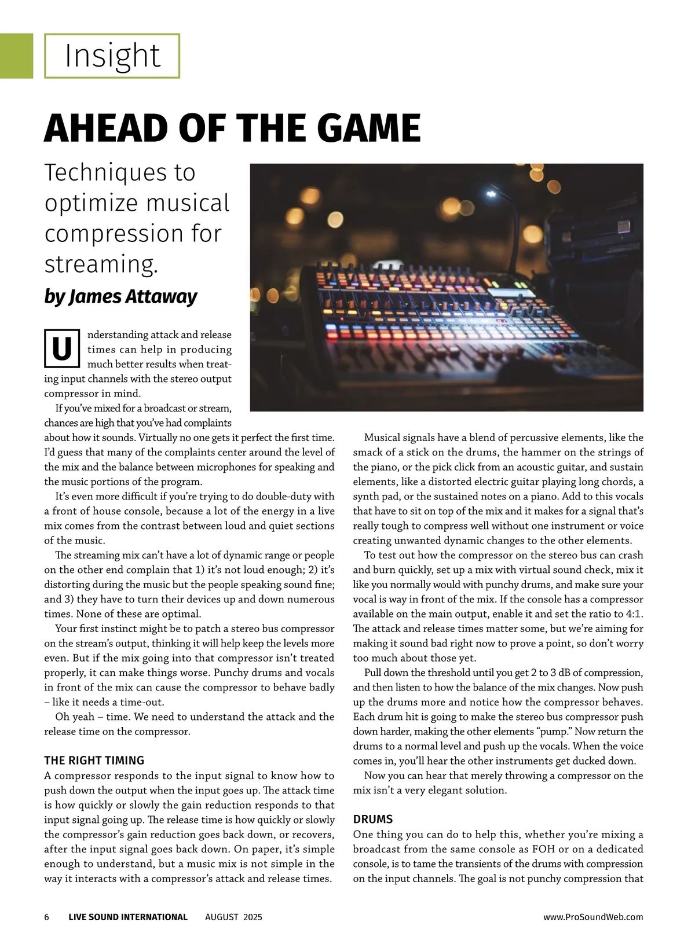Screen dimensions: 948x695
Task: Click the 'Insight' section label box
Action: [112, 56]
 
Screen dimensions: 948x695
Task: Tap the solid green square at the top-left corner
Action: [16, 56]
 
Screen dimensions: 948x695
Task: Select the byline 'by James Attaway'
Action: [120, 296]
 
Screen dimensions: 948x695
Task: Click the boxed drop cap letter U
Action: [61, 349]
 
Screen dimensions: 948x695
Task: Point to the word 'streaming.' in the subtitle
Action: [101, 264]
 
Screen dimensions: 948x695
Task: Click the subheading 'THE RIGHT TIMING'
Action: [94, 760]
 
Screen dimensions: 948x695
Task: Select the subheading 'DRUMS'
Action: [373, 819]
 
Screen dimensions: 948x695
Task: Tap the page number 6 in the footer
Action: [47, 917]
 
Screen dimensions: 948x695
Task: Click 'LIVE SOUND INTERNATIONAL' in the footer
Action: [128, 917]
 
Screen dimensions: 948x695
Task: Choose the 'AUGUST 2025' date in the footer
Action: [233, 917]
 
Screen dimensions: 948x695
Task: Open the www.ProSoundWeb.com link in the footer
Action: [593, 917]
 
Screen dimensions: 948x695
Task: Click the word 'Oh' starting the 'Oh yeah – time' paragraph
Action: [62, 716]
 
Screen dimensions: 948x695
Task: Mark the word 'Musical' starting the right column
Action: [382, 438]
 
